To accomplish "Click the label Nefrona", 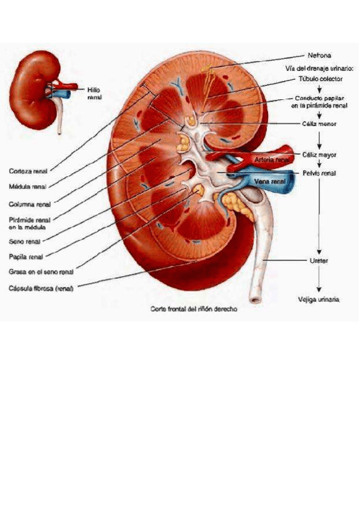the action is pos(319,55).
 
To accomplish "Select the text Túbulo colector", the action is pos(321,79).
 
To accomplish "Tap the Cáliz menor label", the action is pos(319,124).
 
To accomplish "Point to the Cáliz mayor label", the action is pos(319,155).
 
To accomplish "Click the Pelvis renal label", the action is pos(319,173).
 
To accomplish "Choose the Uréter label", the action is pos(319,260).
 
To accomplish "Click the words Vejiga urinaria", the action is pos(319,300).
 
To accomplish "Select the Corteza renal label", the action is pos(28,171).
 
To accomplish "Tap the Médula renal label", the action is pos(28,186).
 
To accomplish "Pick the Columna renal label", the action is pos(29,204).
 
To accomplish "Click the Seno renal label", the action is pos(25,242).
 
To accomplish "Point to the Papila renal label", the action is pos(26,257).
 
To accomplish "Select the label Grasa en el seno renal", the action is pos(41,272).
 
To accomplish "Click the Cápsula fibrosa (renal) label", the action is pos(41,288).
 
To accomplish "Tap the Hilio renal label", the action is pos(94,93).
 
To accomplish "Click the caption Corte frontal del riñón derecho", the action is pos(194,309).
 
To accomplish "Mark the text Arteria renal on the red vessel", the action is pos(272,160).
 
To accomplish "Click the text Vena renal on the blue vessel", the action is pos(270,182).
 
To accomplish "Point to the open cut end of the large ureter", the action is pos(255,300).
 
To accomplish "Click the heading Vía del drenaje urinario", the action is pos(319,69).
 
